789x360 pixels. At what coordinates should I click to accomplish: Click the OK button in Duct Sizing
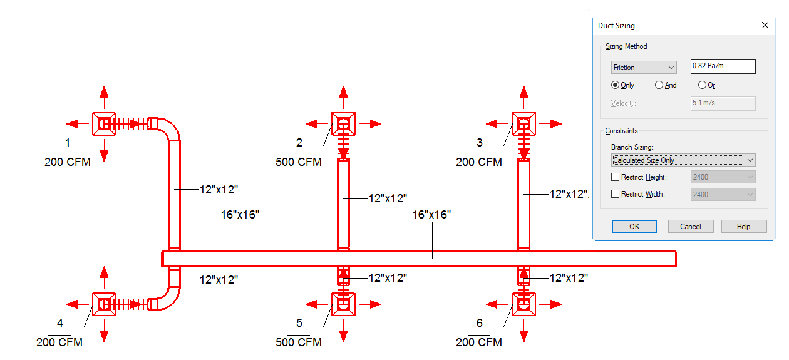click(x=634, y=227)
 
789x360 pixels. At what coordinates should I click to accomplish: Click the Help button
click(x=743, y=227)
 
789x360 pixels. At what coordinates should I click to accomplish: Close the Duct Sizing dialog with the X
click(x=765, y=26)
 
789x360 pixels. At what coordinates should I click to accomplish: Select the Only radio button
click(x=616, y=85)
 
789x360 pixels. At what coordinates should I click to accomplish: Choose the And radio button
click(x=659, y=85)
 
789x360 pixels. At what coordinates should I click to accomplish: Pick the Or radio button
click(x=702, y=85)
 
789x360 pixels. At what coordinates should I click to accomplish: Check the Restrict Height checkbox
click(x=615, y=177)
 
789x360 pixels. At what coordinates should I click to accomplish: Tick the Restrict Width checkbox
click(x=615, y=194)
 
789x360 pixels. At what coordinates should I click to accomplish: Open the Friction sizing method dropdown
click(x=644, y=68)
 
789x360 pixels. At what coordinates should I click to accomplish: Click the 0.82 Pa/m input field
click(x=723, y=67)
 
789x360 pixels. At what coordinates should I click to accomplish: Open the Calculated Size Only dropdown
click(x=683, y=160)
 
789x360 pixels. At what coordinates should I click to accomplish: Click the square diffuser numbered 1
click(x=104, y=124)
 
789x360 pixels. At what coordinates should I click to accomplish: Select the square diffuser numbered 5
click(x=343, y=304)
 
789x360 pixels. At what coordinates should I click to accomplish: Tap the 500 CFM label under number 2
click(x=299, y=162)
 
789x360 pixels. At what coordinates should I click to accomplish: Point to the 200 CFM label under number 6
click(x=479, y=342)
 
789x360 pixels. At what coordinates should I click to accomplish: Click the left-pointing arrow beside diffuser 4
click(x=74, y=304)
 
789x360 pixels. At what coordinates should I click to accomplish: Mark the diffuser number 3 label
click(x=480, y=143)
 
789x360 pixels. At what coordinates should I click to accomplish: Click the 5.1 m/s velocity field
click(x=723, y=103)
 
